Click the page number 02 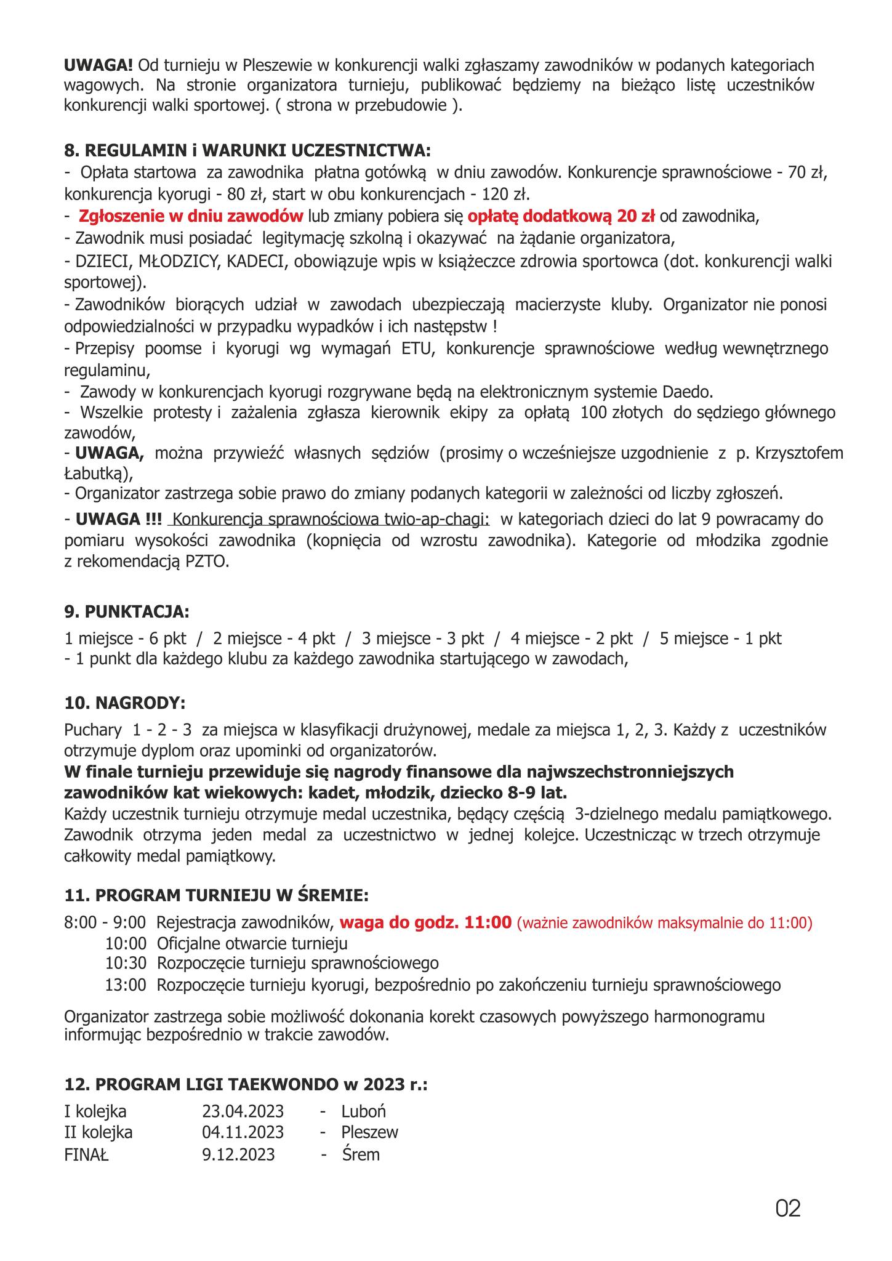point(788,1209)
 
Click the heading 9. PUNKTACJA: point(127,612)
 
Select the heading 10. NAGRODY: point(124,703)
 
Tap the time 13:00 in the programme point(126,985)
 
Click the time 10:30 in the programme point(126,963)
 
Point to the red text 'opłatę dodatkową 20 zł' point(561,216)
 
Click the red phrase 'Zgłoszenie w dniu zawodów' point(191,216)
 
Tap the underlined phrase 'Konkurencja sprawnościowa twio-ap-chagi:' point(331,519)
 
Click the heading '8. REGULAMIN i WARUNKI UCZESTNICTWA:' point(247,151)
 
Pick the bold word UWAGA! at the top point(98,65)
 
